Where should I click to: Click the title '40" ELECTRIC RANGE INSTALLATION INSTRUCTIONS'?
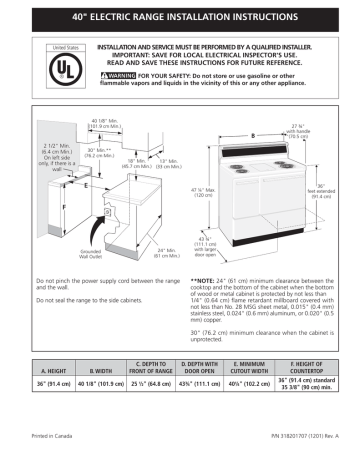(x=180, y=18)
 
